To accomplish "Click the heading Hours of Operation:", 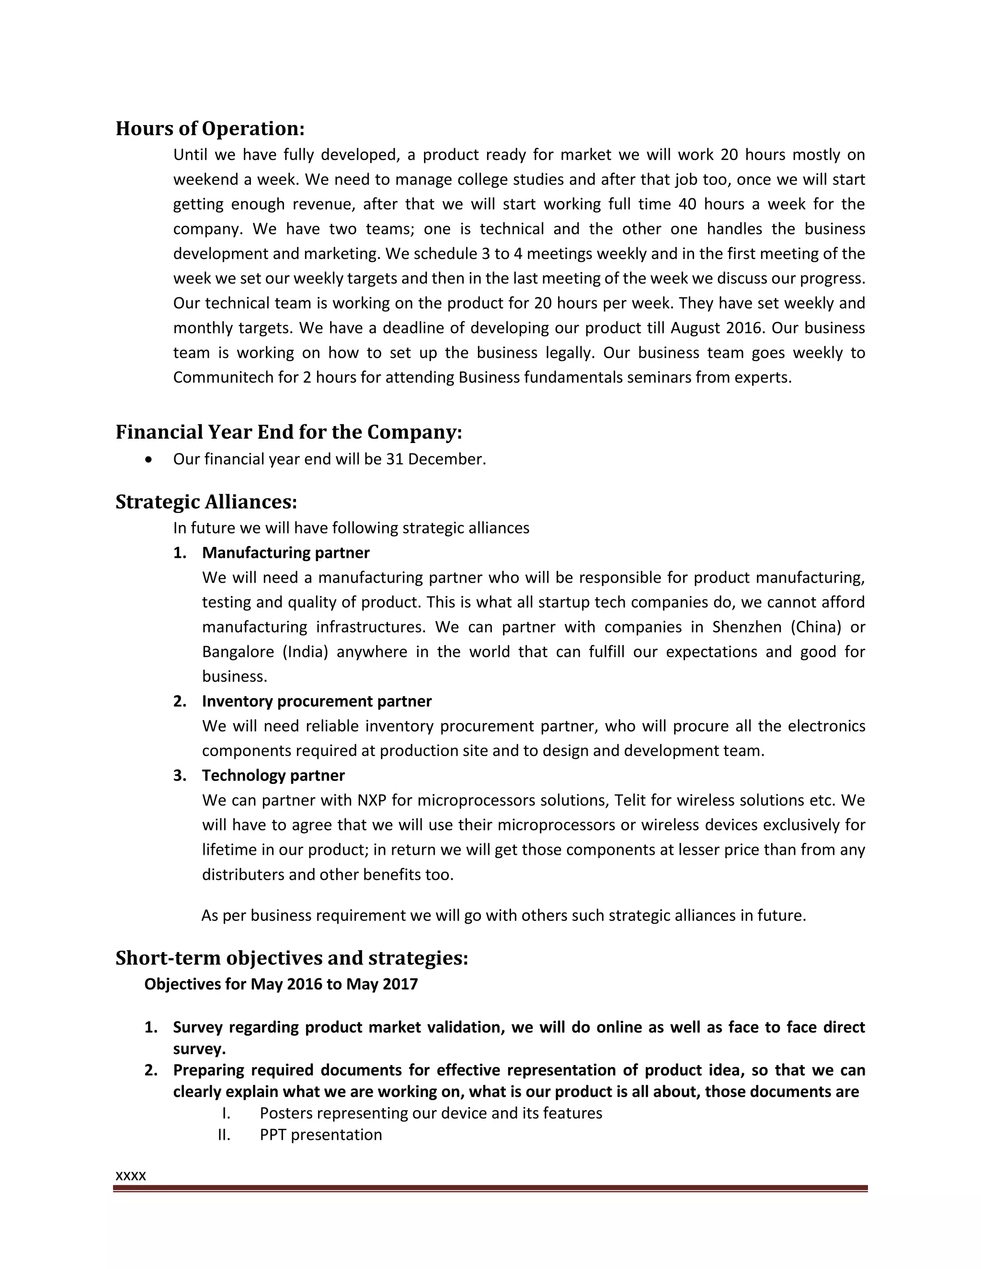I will tap(210, 128).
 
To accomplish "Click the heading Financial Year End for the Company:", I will tap(289, 432).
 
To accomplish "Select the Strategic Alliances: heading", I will tap(206, 501).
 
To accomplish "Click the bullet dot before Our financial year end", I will tap(150, 460).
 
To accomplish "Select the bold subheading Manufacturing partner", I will tap(285, 553).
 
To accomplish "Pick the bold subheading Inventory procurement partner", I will tap(317, 702).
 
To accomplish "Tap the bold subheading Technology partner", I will tap(273, 776).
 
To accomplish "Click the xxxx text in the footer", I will tap(131, 1176).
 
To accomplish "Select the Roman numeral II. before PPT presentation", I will tap(224, 1135).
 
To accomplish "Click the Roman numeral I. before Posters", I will tap(226, 1113).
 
